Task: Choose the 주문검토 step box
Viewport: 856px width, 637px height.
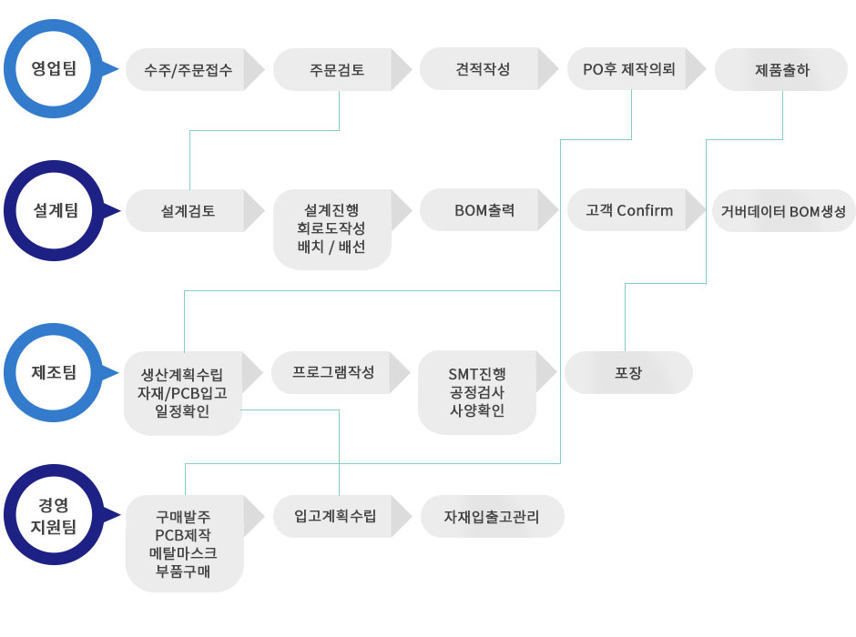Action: click(x=336, y=70)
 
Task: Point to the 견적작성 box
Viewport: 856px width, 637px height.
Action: click(x=483, y=69)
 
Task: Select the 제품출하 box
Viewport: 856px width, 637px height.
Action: click(x=781, y=70)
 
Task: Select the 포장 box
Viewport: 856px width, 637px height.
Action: click(x=628, y=372)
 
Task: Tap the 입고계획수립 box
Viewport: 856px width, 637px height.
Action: click(x=335, y=517)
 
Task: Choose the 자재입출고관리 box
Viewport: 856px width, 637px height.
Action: click(x=492, y=517)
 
